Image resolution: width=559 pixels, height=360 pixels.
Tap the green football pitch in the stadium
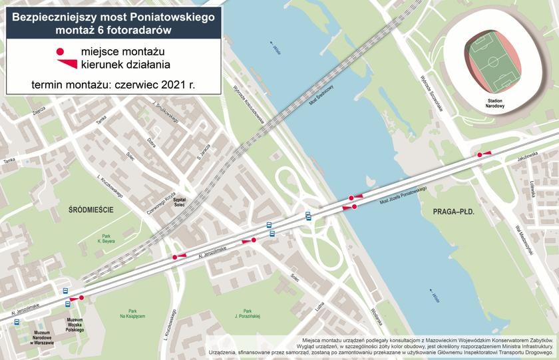tap(494, 63)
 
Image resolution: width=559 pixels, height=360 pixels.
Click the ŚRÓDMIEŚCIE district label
tap(91, 210)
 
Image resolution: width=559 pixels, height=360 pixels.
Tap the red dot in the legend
tap(60, 52)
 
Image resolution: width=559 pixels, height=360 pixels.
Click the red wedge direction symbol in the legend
tap(66, 65)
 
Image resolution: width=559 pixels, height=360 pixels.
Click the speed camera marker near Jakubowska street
tap(479, 155)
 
